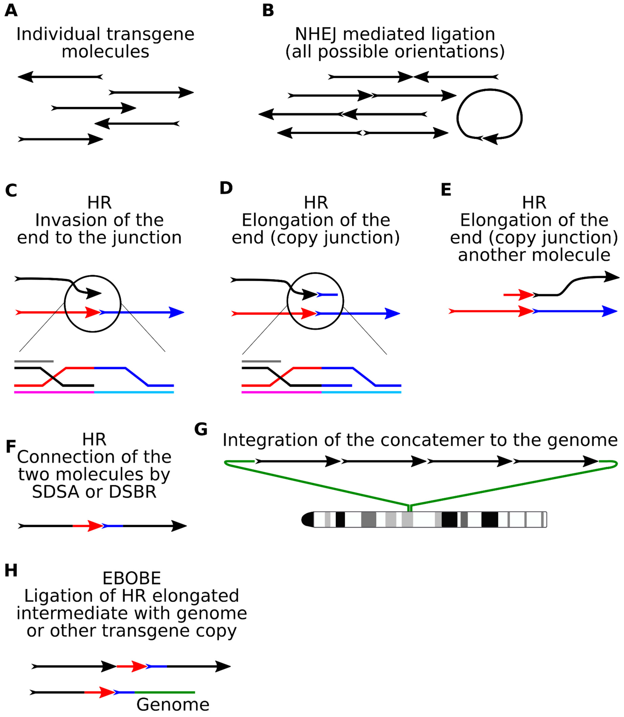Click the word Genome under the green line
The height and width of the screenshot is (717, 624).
point(173,704)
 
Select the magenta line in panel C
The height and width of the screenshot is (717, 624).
point(54,392)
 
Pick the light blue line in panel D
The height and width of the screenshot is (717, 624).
point(361,392)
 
